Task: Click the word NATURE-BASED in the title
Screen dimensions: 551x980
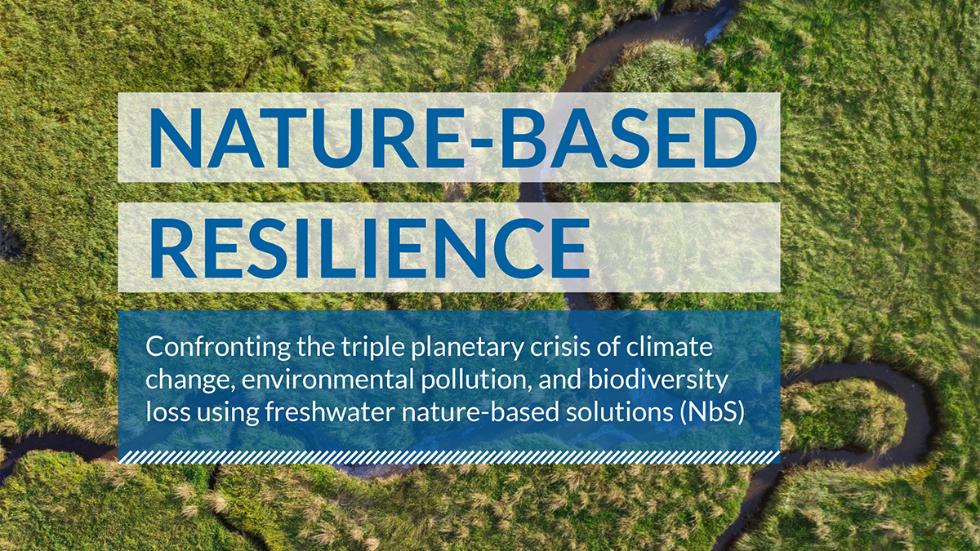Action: pyautogui.click(x=452, y=138)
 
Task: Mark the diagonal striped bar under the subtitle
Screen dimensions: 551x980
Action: pyautogui.click(x=449, y=457)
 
